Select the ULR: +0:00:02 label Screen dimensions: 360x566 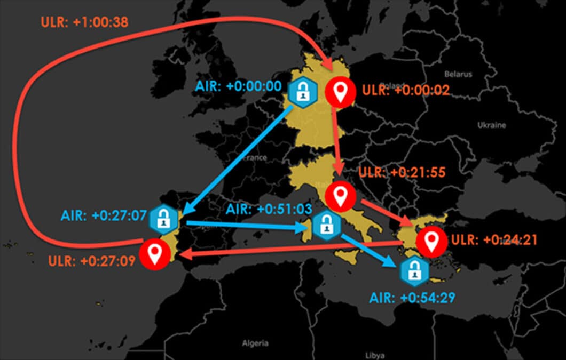406,90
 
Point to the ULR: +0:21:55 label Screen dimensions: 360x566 402,172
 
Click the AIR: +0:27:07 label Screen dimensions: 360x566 104,215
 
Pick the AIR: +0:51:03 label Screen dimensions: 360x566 269,209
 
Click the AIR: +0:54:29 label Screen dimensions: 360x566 412,297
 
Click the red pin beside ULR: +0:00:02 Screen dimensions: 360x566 340,92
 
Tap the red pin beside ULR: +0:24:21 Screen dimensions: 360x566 431,241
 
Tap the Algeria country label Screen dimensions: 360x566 255,342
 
